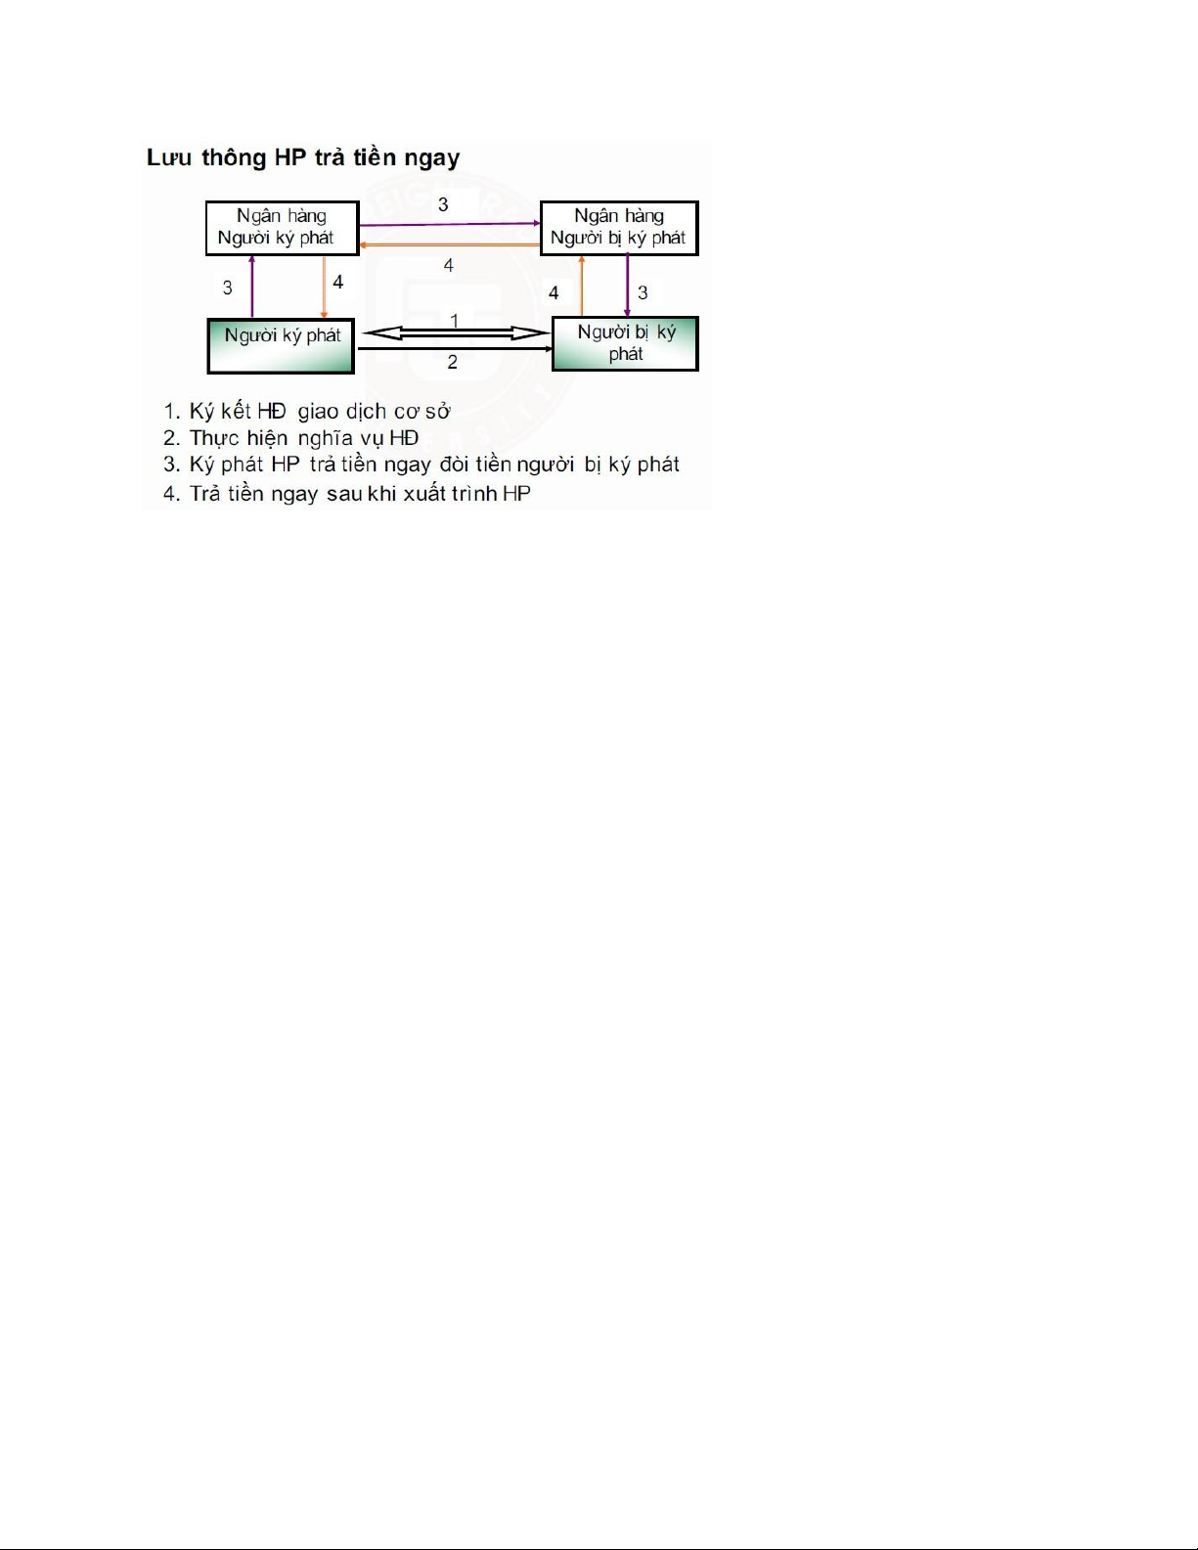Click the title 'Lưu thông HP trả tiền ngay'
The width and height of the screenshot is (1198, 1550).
303,157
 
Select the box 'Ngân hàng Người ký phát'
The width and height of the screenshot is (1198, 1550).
283,228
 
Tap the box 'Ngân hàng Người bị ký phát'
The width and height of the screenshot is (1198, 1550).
619,228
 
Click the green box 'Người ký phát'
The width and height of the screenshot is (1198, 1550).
281,346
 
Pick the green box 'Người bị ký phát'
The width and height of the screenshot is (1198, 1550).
625,344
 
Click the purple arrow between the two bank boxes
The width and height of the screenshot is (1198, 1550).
450,224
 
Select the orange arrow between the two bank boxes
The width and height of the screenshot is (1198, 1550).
450,244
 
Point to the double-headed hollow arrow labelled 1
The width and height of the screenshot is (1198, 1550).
457,333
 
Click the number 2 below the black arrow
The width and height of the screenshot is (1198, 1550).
452,362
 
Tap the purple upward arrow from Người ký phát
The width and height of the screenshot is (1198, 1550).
251,287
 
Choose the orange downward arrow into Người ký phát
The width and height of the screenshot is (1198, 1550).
325,287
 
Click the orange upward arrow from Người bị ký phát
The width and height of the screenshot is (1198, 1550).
582,286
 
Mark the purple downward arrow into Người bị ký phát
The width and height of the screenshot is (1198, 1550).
628,286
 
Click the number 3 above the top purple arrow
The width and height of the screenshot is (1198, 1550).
443,204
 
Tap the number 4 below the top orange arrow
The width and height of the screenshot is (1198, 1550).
449,265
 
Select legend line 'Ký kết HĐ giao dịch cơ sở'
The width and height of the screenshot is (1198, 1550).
307,412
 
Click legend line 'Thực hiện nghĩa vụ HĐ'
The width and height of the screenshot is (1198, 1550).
291,438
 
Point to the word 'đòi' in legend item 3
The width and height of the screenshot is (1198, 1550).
454,465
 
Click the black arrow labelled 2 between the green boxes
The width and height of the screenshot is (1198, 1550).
455,349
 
